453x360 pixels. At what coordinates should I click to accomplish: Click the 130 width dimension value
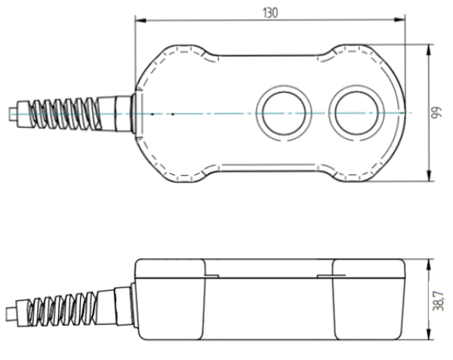click(270, 13)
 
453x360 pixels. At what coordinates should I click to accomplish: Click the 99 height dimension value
click(436, 113)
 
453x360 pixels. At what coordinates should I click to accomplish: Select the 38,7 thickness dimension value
click(438, 301)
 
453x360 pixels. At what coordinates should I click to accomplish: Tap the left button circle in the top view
click(285, 113)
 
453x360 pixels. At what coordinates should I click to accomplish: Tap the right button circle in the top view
click(357, 113)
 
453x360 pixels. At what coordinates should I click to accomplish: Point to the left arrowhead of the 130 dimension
click(140, 20)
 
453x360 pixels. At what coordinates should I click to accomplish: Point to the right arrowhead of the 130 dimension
click(399, 20)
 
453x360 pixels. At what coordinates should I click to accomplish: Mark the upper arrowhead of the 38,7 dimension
click(429, 265)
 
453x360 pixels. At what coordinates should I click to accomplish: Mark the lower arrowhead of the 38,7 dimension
click(429, 334)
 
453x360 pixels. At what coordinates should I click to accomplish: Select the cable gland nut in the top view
click(124, 113)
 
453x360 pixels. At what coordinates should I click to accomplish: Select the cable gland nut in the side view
click(123, 306)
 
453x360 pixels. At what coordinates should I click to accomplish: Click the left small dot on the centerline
click(153, 114)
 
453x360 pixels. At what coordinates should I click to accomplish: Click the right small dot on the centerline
click(172, 114)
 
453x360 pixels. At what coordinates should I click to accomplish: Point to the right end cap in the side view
click(369, 299)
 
